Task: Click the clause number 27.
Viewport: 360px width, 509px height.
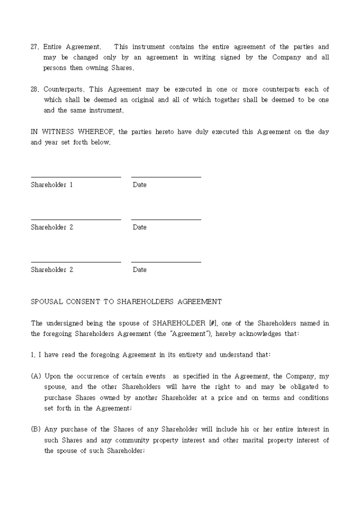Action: pyautogui.click(x=34, y=47)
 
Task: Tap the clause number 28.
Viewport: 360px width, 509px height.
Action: pyautogui.click(x=34, y=89)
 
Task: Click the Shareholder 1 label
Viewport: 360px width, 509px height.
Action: pyautogui.click(x=52, y=185)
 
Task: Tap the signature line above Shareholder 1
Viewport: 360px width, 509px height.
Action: pyautogui.click(x=76, y=177)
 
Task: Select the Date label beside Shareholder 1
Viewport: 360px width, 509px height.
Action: pyautogui.click(x=140, y=185)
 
